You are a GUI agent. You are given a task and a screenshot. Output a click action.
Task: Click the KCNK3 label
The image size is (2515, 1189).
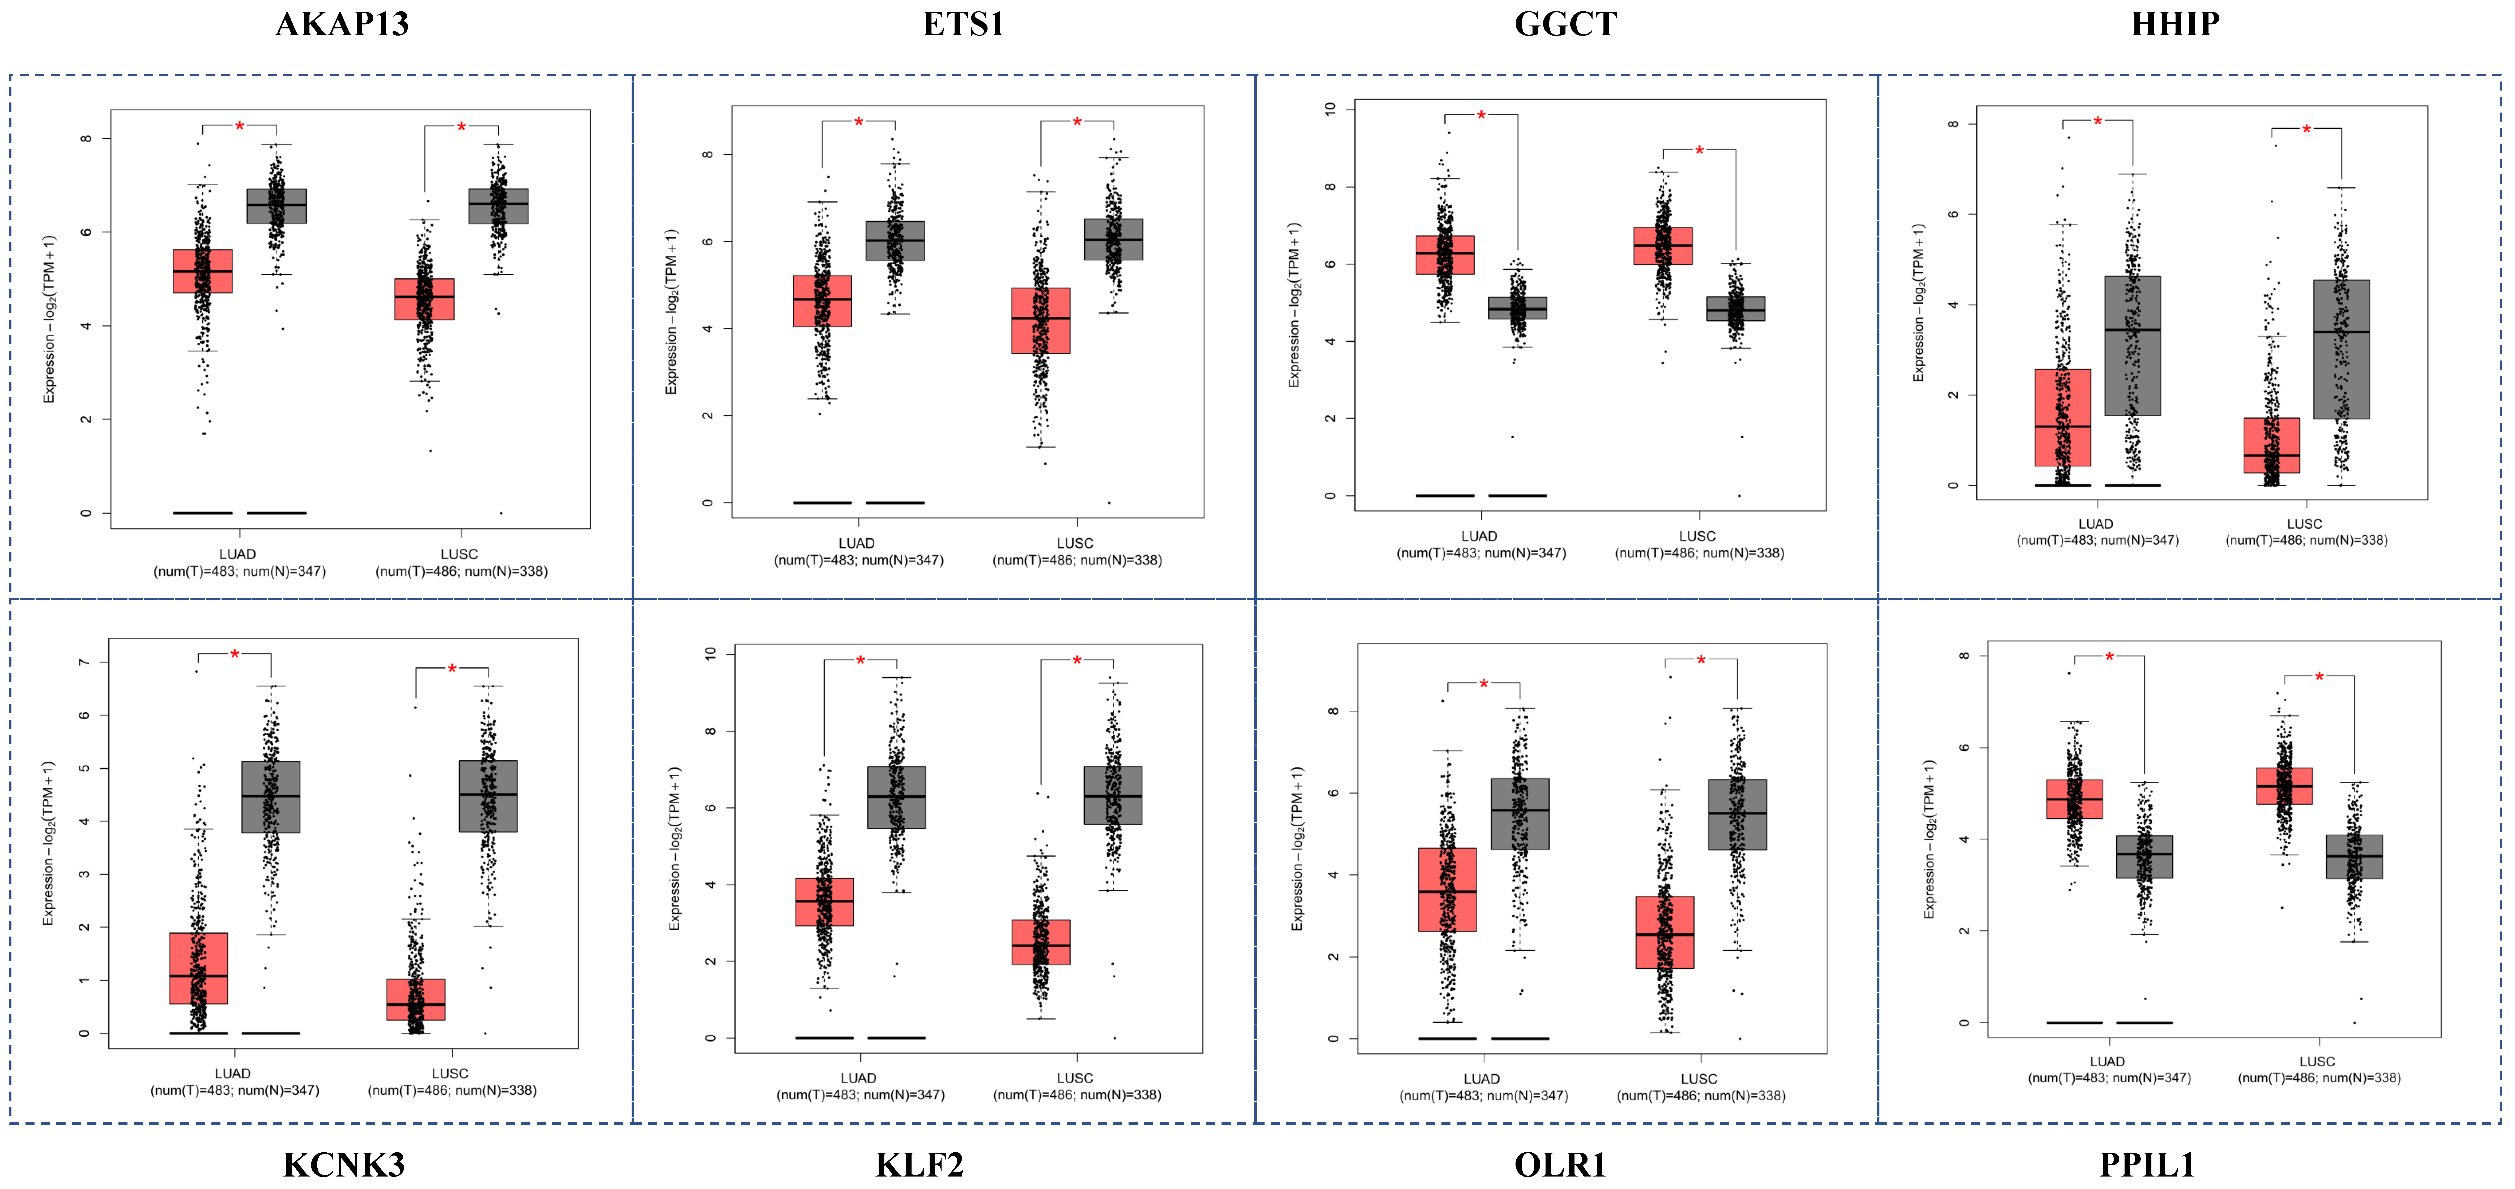pyautogui.click(x=344, y=1165)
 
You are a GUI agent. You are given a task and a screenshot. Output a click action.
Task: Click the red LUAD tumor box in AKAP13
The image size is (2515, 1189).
pyautogui.click(x=202, y=271)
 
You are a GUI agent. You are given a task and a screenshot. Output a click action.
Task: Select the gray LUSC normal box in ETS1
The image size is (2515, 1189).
pyautogui.click(x=1113, y=239)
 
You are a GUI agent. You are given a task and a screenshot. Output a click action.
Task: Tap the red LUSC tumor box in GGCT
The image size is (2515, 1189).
pyautogui.click(x=1663, y=246)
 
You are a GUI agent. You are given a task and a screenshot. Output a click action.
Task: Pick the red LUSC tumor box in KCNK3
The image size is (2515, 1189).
pyautogui.click(x=416, y=1000)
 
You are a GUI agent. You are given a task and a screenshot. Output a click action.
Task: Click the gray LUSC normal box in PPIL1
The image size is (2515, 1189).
pyautogui.click(x=2354, y=856)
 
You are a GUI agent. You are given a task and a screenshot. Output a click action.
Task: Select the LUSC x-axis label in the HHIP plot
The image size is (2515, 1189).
pyautogui.click(x=2304, y=524)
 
